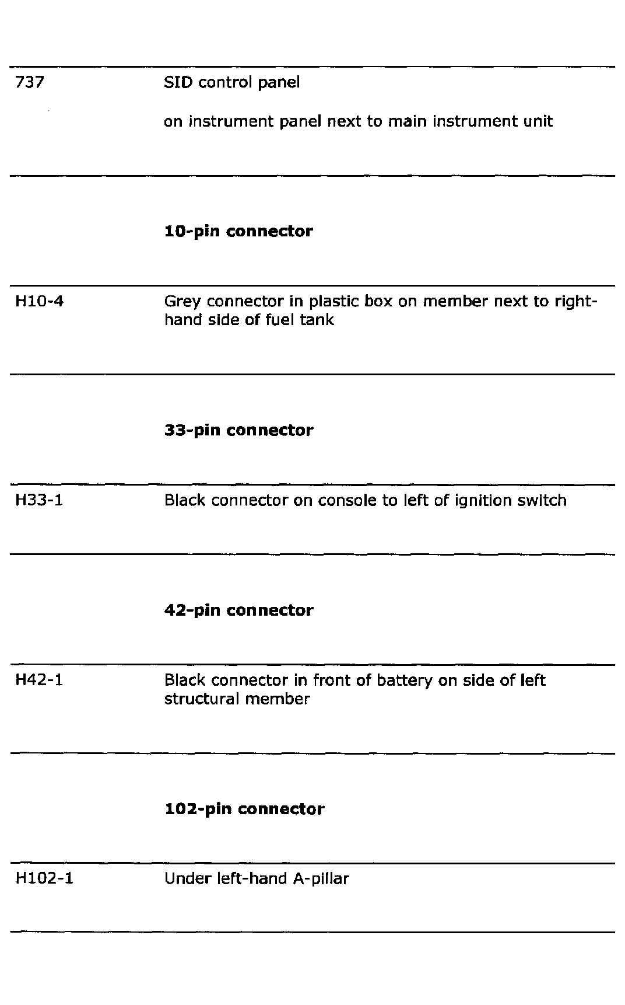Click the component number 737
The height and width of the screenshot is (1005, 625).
(29, 82)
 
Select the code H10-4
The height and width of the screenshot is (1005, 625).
(39, 302)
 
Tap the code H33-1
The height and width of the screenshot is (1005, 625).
(38, 501)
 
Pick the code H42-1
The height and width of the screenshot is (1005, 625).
(38, 681)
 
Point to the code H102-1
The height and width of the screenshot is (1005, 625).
(44, 879)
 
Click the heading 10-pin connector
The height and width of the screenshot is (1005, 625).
(238, 232)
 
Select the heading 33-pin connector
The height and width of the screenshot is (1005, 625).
(238, 431)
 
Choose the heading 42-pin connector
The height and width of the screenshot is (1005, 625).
(238, 610)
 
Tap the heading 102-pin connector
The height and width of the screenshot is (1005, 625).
(244, 809)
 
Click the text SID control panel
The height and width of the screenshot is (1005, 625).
(231, 82)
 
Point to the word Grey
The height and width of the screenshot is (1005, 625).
(182, 302)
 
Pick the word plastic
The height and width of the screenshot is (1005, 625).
(333, 302)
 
